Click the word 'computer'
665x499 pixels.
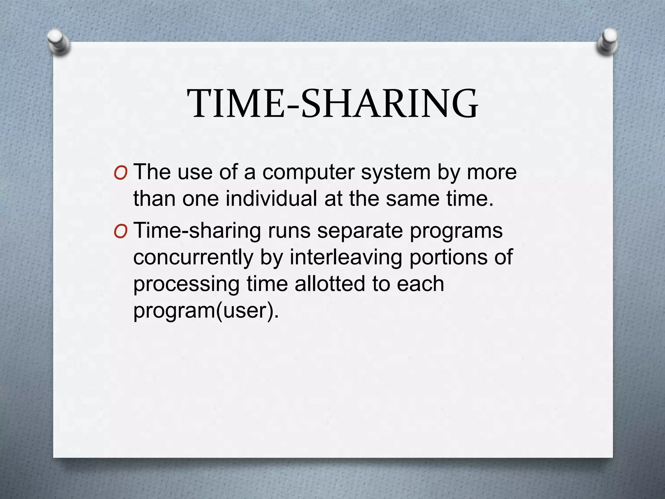click(308, 172)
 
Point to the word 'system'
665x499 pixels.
click(395, 173)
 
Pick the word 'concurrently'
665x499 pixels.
click(193, 258)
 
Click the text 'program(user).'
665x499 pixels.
click(206, 311)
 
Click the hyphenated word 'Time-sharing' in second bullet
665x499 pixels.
click(197, 231)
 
